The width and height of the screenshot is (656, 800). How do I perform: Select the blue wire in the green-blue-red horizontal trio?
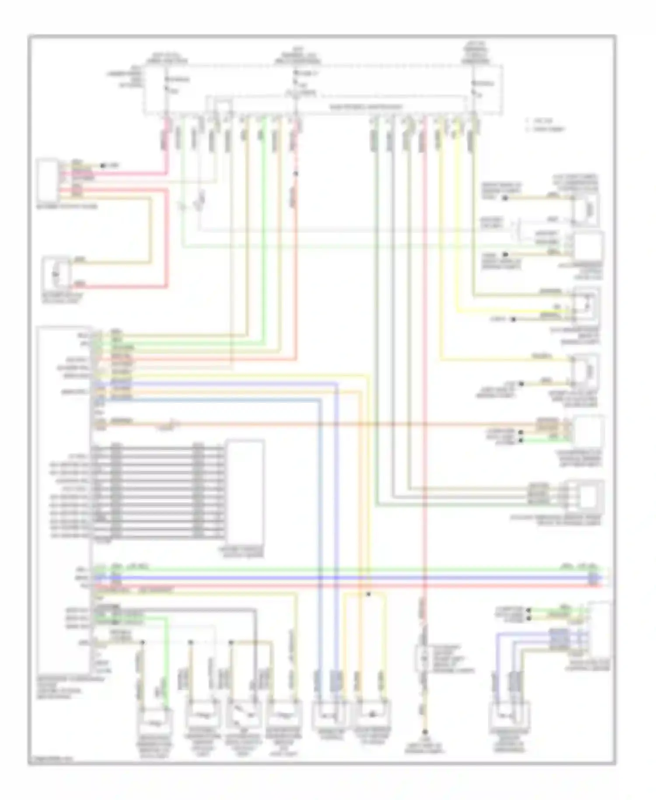350,578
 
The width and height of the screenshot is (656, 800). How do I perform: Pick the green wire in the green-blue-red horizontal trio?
350,570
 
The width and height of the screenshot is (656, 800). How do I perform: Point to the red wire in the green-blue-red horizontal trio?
350,585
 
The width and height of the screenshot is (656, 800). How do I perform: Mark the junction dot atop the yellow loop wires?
368,594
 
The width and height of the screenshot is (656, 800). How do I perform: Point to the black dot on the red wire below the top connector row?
296,174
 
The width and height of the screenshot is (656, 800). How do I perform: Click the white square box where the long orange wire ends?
588,431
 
